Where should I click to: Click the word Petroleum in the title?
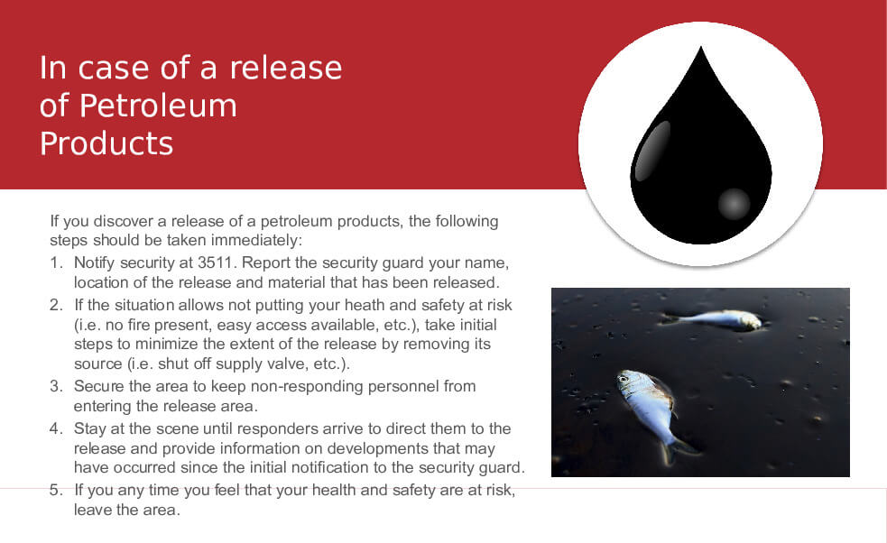pos(158,106)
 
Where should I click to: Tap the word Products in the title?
pos(106,143)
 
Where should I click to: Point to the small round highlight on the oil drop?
pos(734,204)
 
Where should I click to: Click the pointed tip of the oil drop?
pos(701,47)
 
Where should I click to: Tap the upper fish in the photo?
pos(712,320)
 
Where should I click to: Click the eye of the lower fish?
pos(624,379)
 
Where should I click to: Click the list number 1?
pos(55,263)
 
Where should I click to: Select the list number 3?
pos(55,386)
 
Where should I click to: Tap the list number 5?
pos(55,490)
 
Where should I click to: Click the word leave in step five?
pos(92,511)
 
